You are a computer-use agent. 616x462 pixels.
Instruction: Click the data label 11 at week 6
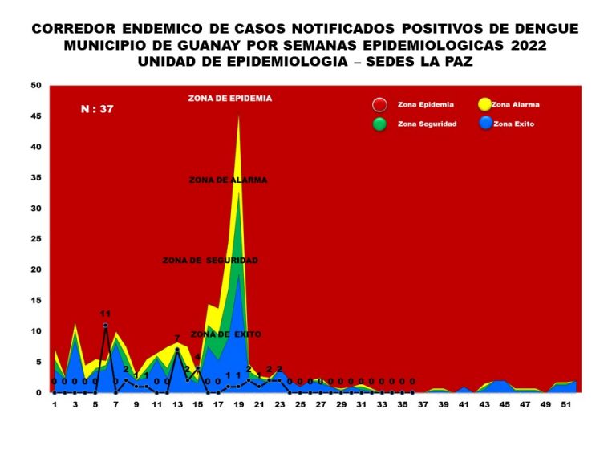point(105,313)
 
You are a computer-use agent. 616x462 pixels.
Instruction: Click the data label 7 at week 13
point(177,338)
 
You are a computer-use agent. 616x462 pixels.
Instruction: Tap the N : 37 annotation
point(97,109)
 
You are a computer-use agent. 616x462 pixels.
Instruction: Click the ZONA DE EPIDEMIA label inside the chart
point(230,99)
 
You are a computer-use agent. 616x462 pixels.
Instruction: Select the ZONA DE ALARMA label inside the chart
point(229,180)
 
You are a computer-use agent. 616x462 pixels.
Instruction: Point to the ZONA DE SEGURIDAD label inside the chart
point(210,261)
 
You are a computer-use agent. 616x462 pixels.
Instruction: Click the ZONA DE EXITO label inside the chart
point(225,334)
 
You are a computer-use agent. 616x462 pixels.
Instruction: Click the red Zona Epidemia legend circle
point(380,105)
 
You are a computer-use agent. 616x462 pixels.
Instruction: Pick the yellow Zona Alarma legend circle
point(484,105)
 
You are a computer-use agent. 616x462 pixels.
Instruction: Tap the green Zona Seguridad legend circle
point(380,124)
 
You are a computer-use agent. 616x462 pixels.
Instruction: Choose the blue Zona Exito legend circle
point(484,124)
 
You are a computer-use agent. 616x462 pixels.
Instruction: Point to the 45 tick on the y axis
point(35,116)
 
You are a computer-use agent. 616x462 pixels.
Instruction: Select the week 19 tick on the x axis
point(238,405)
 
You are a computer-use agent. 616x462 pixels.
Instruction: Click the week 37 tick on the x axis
point(422,405)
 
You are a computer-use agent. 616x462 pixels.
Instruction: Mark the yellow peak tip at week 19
point(238,116)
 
